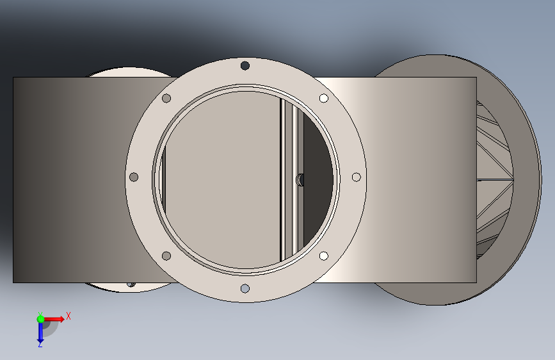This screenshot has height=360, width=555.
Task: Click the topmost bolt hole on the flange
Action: click(x=245, y=65)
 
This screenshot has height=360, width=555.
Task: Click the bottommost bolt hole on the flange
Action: click(x=245, y=288)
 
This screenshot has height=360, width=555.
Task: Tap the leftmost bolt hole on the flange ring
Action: click(x=134, y=177)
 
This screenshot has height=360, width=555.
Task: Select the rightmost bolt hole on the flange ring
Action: click(x=357, y=177)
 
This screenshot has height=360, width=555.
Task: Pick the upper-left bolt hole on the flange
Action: click(x=166, y=98)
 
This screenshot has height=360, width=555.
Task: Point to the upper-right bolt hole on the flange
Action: click(x=323, y=98)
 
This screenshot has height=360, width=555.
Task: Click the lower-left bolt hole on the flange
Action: click(x=166, y=256)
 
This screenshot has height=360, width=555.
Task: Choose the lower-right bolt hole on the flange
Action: click(x=323, y=256)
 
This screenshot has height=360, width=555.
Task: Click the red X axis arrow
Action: click(x=54, y=319)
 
